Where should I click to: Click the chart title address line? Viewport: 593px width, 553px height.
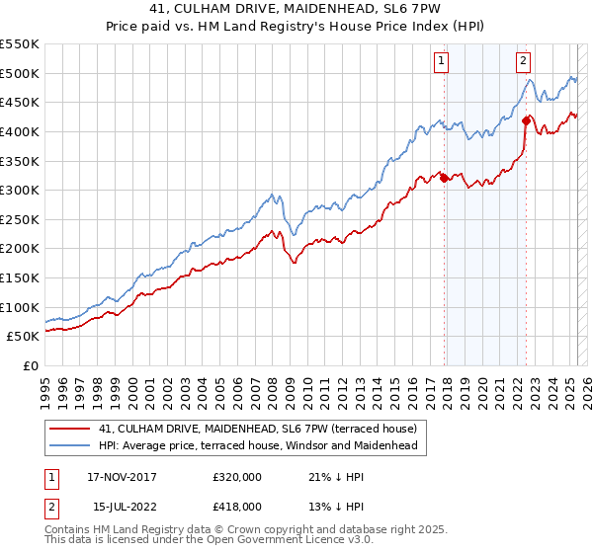tap(296, 9)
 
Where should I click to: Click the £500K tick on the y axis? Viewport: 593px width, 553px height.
tap(20, 73)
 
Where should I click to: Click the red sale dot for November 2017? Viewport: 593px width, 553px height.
tap(445, 179)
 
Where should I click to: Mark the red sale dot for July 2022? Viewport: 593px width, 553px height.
tap(526, 121)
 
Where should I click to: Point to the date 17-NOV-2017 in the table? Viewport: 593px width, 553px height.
tap(128, 477)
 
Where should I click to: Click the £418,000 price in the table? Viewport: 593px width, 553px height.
tap(237, 506)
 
